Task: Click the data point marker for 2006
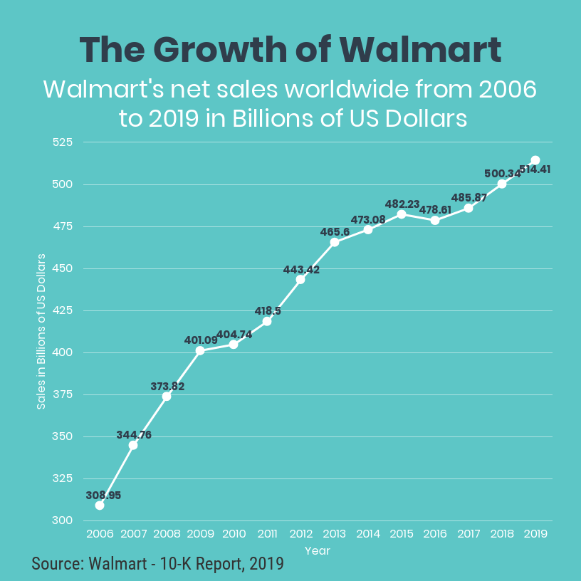[x=100, y=506]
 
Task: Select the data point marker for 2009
[x=200, y=350]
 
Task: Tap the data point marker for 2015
[x=402, y=214]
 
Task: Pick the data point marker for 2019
[x=535, y=160]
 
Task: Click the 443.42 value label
[x=301, y=270]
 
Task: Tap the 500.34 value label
[x=502, y=173]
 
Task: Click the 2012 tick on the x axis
[x=301, y=533]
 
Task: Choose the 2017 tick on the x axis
[x=469, y=533]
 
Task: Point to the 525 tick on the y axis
[x=63, y=142]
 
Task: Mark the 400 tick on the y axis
[x=63, y=352]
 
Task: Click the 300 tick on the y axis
[x=63, y=520]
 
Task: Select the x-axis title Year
[x=318, y=550]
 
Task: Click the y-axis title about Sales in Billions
[x=41, y=331]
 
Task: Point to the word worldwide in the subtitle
[x=333, y=90]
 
